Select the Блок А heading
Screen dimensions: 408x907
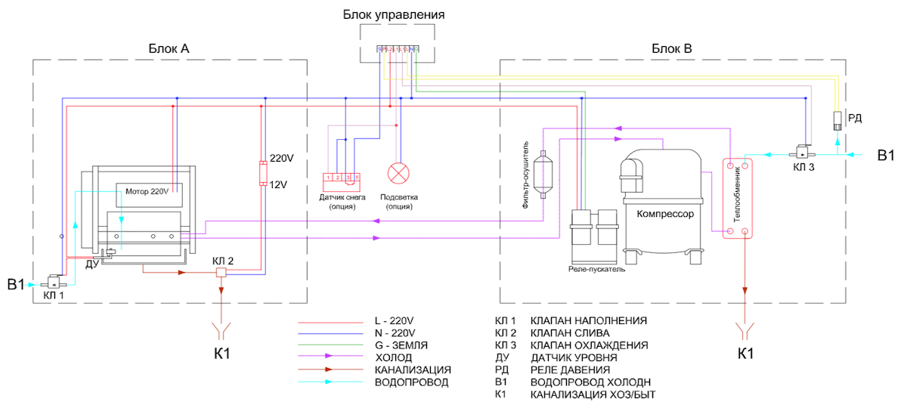tap(169, 49)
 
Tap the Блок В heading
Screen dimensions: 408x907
tap(671, 49)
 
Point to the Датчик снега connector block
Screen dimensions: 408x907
tap(341, 179)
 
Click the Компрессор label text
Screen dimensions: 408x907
tap(665, 214)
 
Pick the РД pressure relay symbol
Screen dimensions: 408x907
tap(837, 120)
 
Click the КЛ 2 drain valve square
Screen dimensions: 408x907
tap(221, 273)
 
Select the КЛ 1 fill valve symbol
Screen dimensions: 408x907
tap(54, 283)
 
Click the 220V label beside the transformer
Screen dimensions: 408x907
tap(282, 159)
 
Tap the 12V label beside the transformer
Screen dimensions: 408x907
tap(279, 184)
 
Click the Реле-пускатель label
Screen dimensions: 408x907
tap(596, 269)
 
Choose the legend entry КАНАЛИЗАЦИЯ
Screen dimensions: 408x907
tap(413, 369)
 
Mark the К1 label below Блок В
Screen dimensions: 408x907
tap(746, 354)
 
